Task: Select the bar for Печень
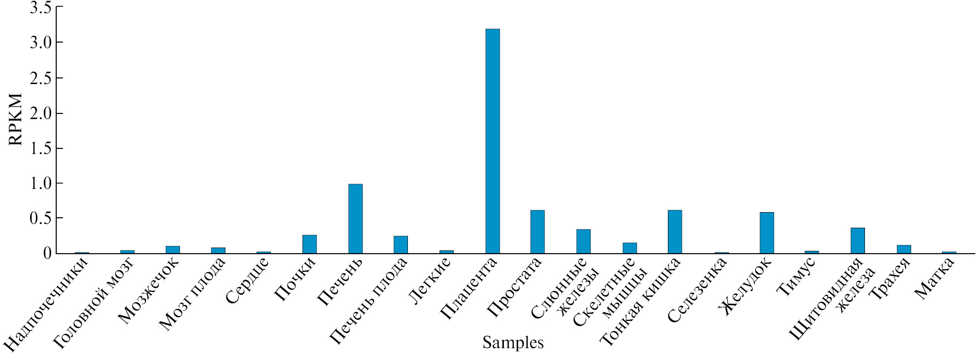(355, 218)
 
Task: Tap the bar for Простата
(537, 231)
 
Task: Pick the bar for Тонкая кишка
(674, 231)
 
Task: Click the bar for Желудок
(767, 232)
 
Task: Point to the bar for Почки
(310, 244)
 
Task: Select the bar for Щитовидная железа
(858, 240)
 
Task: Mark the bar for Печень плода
(401, 244)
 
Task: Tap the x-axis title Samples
(513, 343)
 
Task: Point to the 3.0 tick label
(40, 43)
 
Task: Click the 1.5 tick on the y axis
(40, 148)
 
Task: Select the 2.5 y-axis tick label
(40, 78)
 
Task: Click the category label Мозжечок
(149, 290)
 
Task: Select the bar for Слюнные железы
(583, 241)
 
